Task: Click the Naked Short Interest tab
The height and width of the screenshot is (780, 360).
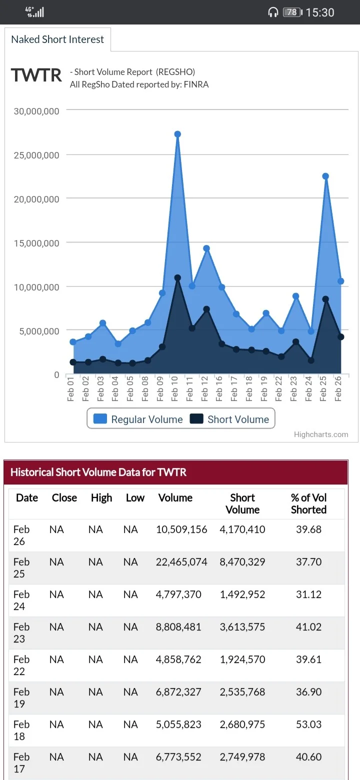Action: [x=57, y=39]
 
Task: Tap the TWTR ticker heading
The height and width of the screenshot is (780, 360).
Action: [x=36, y=75]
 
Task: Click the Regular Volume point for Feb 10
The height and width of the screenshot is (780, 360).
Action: [x=177, y=134]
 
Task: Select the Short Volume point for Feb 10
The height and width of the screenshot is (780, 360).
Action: [x=177, y=278]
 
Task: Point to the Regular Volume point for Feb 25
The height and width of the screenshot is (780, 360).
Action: [x=325, y=176]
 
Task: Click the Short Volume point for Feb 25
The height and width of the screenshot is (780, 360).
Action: [x=325, y=299]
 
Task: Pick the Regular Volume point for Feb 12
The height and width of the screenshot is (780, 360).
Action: [x=206, y=248]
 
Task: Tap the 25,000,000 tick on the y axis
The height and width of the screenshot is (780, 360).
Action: [x=36, y=155]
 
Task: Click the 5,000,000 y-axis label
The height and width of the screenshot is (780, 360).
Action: [x=39, y=331]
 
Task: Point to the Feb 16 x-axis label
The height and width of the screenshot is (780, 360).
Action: [x=219, y=388]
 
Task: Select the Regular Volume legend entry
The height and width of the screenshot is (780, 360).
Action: [x=138, y=419]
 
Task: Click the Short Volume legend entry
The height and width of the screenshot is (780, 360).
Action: [x=229, y=419]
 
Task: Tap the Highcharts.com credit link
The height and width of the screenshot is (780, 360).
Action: [x=321, y=434]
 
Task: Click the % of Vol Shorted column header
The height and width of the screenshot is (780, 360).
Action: [x=309, y=503]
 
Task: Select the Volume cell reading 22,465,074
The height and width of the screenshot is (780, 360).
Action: [x=181, y=561]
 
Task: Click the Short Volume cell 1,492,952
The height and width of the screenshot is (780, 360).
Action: [x=242, y=594]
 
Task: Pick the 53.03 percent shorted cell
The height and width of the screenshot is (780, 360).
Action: [x=309, y=724]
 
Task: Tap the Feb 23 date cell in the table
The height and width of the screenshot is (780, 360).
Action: [x=21, y=632]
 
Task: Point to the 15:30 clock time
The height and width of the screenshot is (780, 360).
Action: [x=320, y=12]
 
